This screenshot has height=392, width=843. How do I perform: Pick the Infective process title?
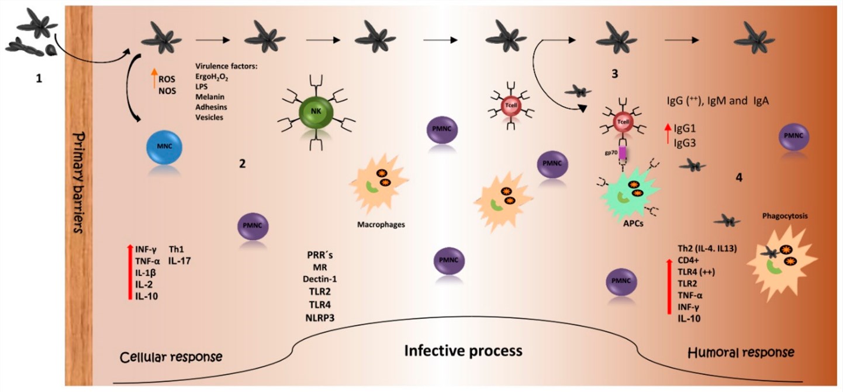[x=464, y=350]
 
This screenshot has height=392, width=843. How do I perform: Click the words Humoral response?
[x=741, y=352]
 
